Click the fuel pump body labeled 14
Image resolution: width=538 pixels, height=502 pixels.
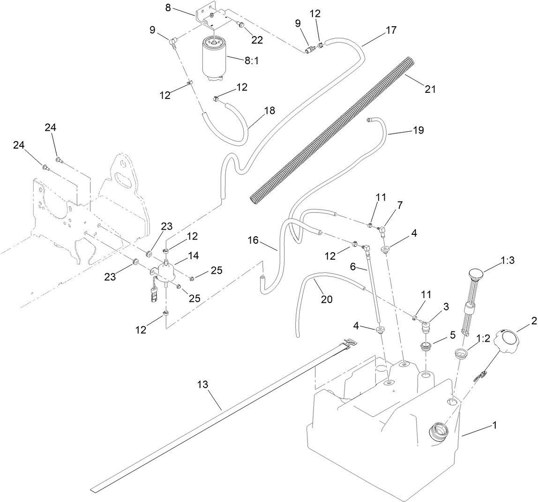(x=166, y=273)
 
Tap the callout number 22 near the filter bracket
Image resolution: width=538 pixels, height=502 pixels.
(x=257, y=40)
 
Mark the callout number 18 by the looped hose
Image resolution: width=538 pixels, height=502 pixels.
(x=269, y=111)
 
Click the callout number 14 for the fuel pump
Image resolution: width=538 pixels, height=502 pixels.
(x=193, y=255)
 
